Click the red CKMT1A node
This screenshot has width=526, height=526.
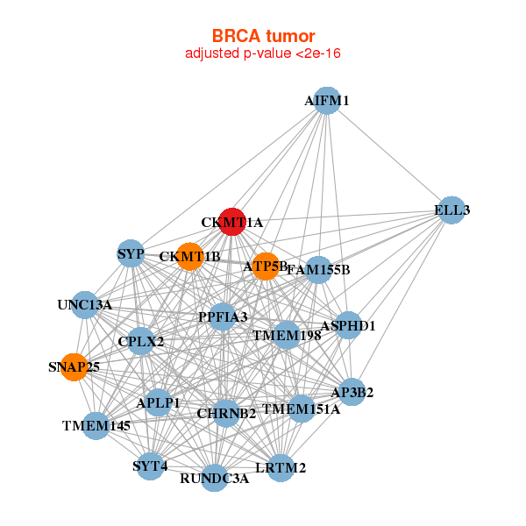(231, 222)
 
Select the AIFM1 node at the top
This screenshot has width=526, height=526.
(326, 100)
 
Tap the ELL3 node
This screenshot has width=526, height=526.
(451, 210)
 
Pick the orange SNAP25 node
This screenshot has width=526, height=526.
(75, 366)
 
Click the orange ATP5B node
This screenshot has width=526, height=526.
(266, 265)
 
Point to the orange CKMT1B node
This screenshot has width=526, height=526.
(189, 257)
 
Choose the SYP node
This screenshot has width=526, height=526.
(131, 254)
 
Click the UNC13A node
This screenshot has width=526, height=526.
(85, 305)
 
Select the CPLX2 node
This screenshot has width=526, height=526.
(141, 340)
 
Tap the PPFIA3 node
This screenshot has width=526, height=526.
(223, 316)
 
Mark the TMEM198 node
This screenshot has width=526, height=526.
(287, 335)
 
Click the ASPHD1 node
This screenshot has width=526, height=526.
(348, 325)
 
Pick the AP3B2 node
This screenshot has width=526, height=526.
(352, 392)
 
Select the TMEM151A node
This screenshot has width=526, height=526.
(302, 408)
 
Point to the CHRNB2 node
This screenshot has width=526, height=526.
(226, 413)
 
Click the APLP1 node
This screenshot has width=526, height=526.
(159, 402)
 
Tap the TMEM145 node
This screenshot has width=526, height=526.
(96, 425)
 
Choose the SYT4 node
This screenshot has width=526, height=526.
(150, 466)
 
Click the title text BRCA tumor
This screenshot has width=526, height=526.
(263, 36)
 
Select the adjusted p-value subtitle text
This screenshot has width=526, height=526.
(263, 53)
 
